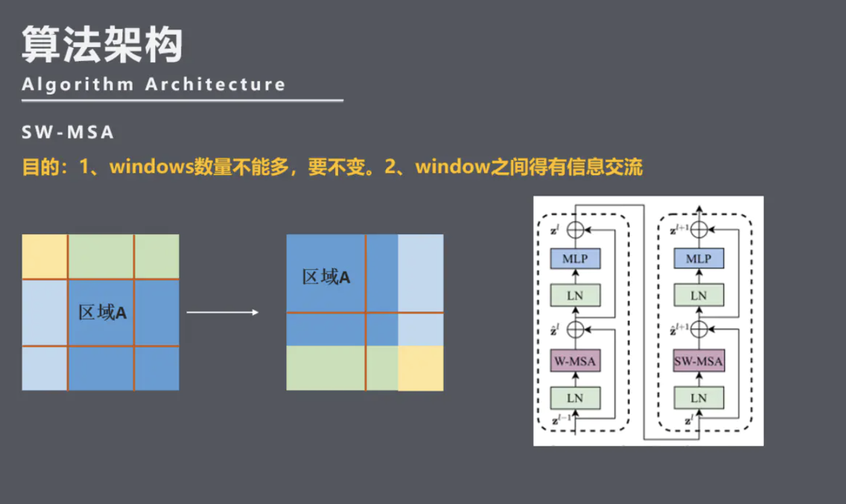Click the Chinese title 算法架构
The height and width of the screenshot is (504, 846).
coord(102,45)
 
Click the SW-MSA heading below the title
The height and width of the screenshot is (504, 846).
coord(68,133)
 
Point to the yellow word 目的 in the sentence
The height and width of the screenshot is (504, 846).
coord(41,167)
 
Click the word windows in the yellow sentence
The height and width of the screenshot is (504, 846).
coord(150,167)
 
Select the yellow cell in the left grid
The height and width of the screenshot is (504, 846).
coord(45,257)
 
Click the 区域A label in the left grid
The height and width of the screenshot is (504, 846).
coord(102,313)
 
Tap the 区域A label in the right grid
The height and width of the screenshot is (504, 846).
coord(326,277)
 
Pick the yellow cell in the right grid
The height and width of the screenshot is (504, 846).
coord(420,368)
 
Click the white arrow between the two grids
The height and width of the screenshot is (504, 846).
coord(223,312)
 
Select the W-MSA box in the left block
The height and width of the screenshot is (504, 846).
coord(575,361)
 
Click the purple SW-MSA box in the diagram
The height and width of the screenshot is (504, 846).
coord(699,361)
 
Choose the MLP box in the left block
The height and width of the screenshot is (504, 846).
coord(575,259)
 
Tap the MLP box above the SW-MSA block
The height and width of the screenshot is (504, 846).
coord(699,259)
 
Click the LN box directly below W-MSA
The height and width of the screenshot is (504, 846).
coord(575,398)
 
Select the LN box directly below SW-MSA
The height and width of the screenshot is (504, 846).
coord(699,398)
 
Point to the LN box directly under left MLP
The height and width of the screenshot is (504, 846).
coord(575,295)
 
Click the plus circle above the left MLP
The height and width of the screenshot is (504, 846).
coord(575,230)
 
